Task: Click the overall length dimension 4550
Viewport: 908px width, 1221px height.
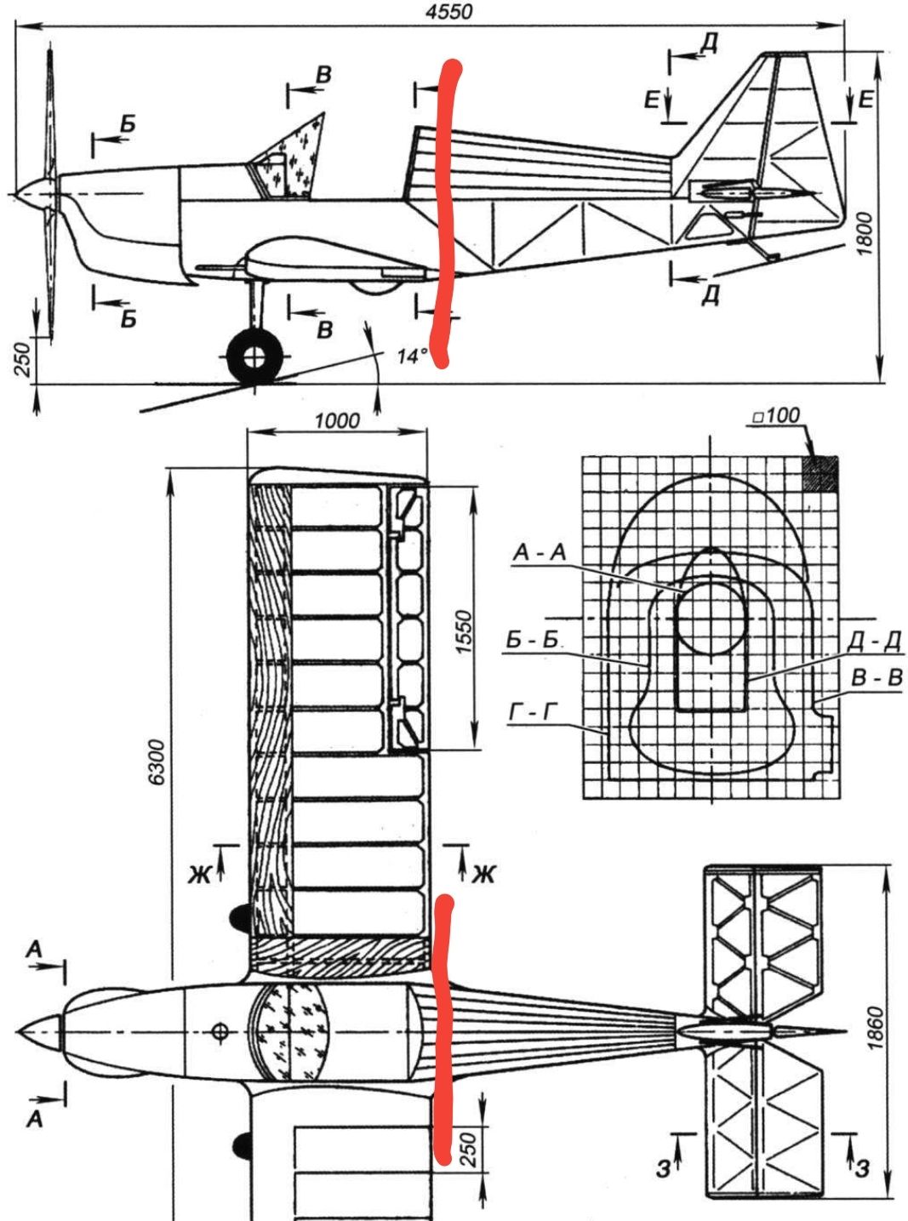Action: point(449,12)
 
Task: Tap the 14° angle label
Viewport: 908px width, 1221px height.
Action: point(412,357)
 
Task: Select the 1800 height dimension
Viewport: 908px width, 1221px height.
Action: point(865,233)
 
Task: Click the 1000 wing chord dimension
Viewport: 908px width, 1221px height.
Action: point(337,421)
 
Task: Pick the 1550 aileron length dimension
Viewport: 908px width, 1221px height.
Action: point(463,632)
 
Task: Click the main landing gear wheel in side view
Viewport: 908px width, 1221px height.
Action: point(254,357)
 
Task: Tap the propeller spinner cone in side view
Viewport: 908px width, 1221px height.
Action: point(34,193)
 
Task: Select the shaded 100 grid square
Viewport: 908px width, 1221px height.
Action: point(820,474)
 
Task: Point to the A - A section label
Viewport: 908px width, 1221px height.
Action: point(540,552)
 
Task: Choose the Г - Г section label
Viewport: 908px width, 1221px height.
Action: point(533,713)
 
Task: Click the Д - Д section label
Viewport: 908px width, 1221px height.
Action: point(873,641)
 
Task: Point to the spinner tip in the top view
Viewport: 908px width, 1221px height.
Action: point(18,1031)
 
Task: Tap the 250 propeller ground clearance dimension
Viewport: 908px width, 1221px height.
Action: point(21,359)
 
